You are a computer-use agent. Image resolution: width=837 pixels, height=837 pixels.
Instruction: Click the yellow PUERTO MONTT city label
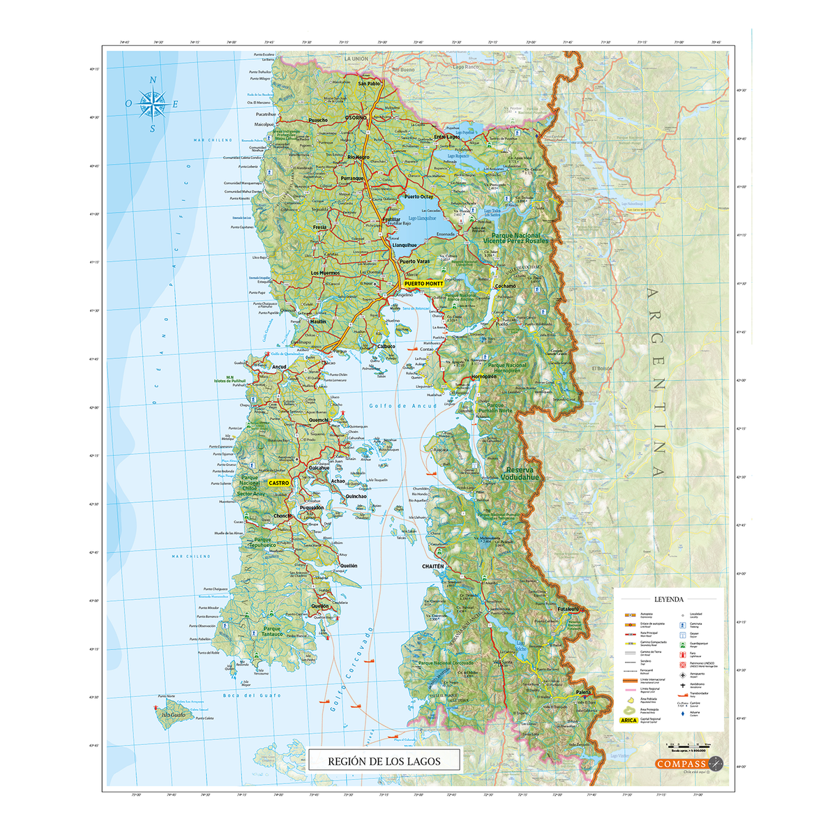(423, 284)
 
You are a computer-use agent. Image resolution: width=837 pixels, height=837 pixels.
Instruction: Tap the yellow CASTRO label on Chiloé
(278, 483)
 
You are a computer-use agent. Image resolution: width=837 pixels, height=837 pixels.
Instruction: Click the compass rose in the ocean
(152, 104)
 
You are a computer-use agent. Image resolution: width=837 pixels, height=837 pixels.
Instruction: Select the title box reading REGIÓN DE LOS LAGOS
(384, 761)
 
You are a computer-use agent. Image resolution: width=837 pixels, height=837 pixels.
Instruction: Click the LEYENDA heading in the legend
(668, 599)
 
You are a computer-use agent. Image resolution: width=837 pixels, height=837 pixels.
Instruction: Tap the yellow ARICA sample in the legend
(629, 721)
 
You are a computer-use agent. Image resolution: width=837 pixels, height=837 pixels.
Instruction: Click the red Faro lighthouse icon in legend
(679, 654)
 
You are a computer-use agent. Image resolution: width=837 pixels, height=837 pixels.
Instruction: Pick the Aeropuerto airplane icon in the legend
(679, 674)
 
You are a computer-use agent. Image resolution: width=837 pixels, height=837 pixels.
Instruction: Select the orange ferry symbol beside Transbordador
(679, 695)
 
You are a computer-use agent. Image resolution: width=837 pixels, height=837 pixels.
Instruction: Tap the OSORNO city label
(355, 118)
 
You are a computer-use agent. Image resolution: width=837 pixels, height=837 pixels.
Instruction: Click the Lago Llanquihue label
(422, 218)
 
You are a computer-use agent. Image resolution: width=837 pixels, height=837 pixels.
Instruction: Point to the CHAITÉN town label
(432, 566)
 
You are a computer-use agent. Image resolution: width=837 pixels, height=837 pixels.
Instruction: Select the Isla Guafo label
(173, 715)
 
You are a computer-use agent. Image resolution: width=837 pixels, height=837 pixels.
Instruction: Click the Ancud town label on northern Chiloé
(279, 367)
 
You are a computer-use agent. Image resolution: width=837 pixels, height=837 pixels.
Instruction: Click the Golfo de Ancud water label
(402, 405)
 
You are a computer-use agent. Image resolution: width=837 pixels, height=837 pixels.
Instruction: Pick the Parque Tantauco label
(273, 631)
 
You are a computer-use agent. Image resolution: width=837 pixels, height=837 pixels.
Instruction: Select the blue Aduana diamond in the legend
(679, 714)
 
